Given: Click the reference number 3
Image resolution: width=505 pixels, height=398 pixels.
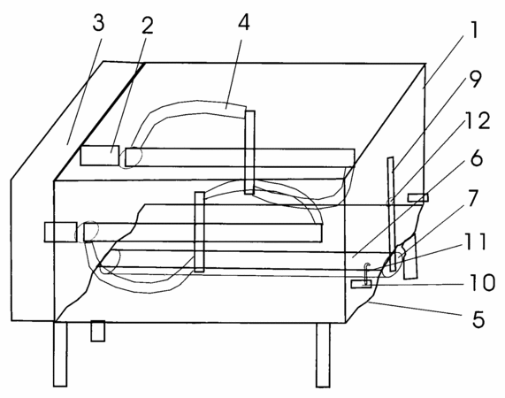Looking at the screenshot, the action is pos(98,23).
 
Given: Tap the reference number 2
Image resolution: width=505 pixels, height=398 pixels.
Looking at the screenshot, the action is pos(147,25).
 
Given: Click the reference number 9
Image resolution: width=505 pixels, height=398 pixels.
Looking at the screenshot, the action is pos(475,80).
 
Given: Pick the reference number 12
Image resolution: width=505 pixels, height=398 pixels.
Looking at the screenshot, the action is pos(478,121).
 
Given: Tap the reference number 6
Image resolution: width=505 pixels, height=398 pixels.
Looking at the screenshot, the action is pos(477,157).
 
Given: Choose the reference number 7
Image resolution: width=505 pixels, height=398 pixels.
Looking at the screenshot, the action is pos(472,198).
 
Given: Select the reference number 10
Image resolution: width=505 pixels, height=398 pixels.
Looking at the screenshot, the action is pos(482,282).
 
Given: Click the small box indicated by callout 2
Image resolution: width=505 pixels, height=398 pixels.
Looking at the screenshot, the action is pos(100,156).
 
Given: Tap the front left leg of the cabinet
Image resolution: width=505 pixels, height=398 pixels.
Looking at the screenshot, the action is pos(60,354).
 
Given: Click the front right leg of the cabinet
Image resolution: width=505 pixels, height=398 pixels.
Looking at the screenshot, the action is pos(323,355).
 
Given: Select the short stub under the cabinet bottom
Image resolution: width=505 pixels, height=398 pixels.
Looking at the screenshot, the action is pos(97,331).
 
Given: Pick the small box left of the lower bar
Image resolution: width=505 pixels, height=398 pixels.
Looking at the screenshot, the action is pos(60,232).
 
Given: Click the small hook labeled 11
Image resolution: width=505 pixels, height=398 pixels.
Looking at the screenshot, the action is pos(367,273).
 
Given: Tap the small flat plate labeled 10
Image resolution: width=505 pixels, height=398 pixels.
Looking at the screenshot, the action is pos(361,284).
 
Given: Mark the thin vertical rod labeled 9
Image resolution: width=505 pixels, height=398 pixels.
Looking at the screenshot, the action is pos(391,214).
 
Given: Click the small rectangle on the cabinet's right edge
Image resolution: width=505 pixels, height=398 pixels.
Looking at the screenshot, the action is pos(418,197).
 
